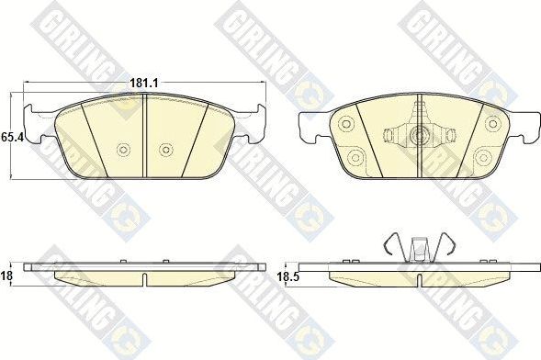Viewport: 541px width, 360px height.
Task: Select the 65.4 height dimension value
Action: coord(12,136)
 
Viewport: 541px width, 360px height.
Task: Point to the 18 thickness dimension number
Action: coord(7,274)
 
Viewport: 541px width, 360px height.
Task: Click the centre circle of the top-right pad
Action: coord(419,137)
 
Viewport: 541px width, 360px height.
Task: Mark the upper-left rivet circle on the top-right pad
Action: coord(346,122)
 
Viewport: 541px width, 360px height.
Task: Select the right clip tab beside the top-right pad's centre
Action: coord(449,137)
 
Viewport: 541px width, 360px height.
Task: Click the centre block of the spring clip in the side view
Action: coord(419,249)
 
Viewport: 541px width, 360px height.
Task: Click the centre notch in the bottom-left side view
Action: coord(146,275)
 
